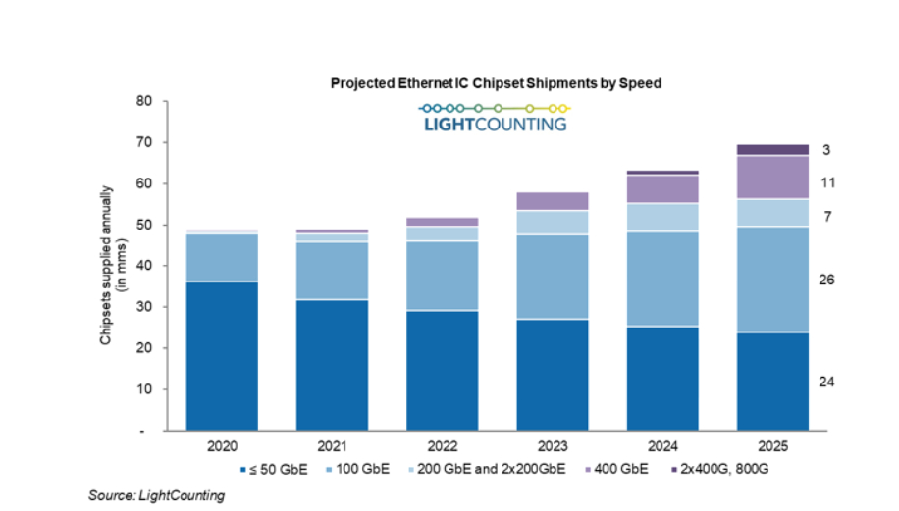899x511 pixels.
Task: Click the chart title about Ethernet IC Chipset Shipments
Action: tap(496, 84)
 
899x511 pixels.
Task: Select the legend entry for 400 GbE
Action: tap(624, 470)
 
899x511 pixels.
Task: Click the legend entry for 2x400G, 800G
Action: tap(723, 470)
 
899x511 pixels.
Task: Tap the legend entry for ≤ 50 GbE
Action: tap(277, 470)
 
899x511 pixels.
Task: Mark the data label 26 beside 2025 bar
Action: tap(826, 281)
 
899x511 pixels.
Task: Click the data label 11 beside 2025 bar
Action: tap(826, 182)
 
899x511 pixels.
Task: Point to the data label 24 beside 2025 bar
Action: tap(826, 382)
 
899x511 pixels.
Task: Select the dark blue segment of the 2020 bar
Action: tap(223, 355)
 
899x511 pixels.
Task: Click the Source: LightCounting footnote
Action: tap(157, 496)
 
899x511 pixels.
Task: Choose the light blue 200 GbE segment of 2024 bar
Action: tap(661, 217)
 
